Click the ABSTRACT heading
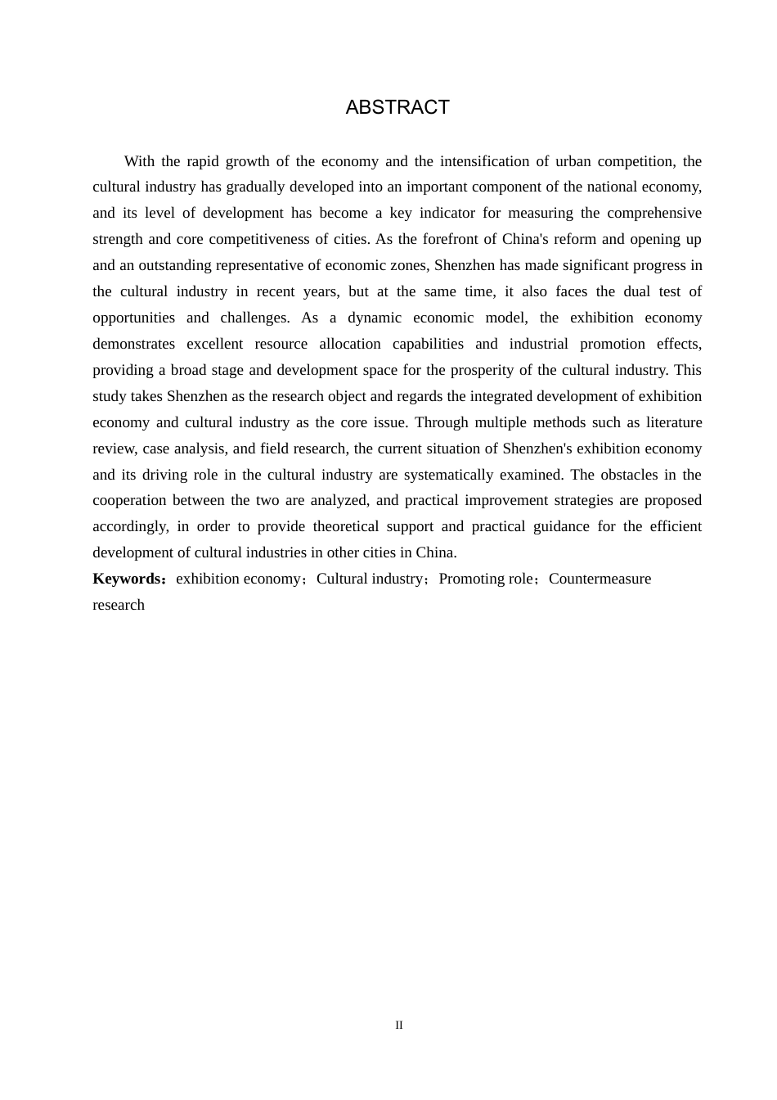(x=397, y=107)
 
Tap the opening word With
(x=140, y=161)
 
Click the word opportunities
(x=133, y=318)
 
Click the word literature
(x=669, y=422)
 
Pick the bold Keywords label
(x=128, y=579)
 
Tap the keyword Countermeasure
(x=600, y=579)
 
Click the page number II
(x=399, y=1025)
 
